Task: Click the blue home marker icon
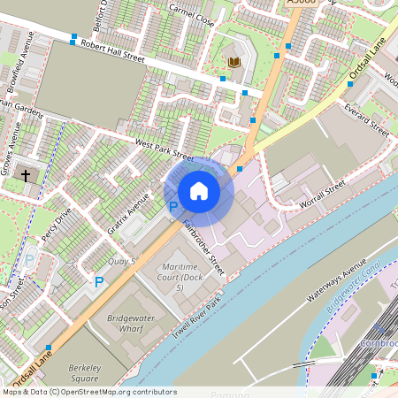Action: coord(199,190)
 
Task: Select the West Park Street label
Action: coord(164,145)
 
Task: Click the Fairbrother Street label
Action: coord(203,245)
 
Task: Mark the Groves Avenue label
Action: coord(15,147)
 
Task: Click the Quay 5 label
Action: coord(120,261)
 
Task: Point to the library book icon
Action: coord(233,62)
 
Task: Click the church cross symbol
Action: coord(27,175)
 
